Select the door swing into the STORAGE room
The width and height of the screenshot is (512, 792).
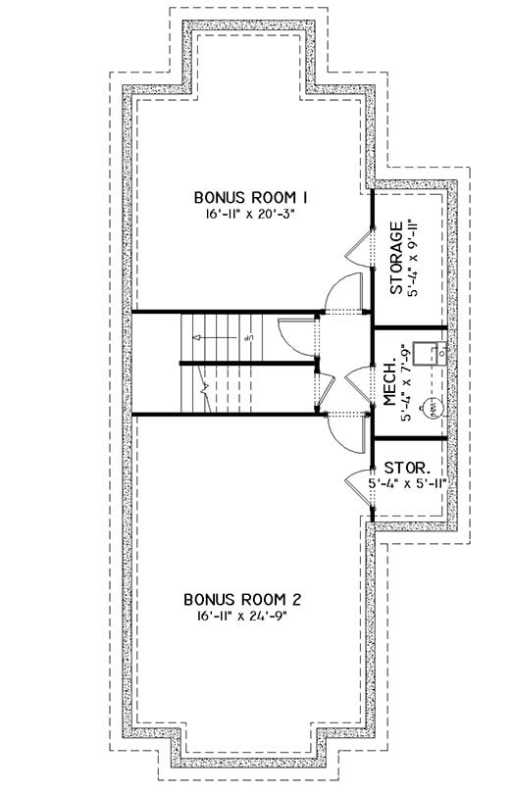(x=359, y=248)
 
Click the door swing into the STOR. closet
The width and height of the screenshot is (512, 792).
(x=359, y=486)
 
